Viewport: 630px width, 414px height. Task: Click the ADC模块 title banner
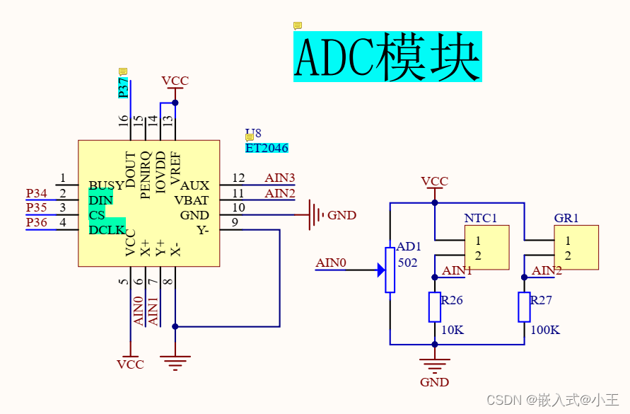[x=387, y=56]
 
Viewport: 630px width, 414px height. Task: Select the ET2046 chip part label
[x=267, y=148]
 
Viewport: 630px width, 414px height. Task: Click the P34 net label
[x=37, y=193]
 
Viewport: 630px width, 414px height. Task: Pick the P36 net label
[x=37, y=223]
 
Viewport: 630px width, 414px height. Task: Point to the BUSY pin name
[x=106, y=185]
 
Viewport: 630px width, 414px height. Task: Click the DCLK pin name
[x=106, y=230]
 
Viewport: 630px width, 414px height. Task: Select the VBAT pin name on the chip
[x=192, y=200]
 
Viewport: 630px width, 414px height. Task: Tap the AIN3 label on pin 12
[x=279, y=178]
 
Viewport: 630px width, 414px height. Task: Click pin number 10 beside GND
[x=238, y=207]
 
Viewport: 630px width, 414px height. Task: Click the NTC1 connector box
[x=486, y=248]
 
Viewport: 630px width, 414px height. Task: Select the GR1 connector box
[x=576, y=248]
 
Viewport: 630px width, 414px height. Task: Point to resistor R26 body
[x=434, y=306]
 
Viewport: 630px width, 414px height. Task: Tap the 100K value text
[x=545, y=330]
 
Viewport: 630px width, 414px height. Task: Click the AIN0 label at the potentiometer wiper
[x=331, y=263]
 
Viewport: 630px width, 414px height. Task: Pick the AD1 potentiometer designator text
[x=409, y=247]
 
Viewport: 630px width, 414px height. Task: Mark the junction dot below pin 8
[x=175, y=326]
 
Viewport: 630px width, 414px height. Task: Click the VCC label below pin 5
[x=130, y=364]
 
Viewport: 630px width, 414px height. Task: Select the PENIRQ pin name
[x=146, y=175]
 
